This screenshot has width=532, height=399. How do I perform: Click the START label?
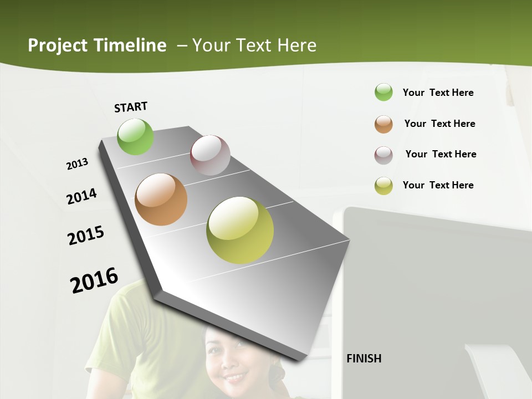coord(131,107)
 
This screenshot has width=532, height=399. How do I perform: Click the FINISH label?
coord(364,359)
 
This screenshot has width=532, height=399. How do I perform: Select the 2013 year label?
coord(77,164)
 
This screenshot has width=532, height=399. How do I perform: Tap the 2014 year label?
coord(81,196)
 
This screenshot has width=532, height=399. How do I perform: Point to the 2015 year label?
coord(86,235)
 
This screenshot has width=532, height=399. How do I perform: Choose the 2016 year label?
coord(94,280)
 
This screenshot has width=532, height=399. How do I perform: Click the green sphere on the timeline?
coord(135,136)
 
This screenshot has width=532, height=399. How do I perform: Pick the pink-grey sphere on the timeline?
coord(210,155)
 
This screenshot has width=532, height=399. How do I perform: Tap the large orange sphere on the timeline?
coord(161,199)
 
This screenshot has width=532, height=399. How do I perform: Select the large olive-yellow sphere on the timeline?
coord(240,230)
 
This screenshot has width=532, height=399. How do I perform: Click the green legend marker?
coord(383,92)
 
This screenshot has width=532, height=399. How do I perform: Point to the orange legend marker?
coord(383,124)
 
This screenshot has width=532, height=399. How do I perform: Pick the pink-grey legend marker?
coord(383,155)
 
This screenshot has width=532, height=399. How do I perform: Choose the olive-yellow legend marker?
coord(383,186)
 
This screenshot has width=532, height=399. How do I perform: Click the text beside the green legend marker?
coord(438,93)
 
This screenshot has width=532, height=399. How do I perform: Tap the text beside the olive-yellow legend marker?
coord(438,185)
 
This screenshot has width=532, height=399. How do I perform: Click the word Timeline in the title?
coord(130,45)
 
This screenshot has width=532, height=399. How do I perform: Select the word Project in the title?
coord(58,45)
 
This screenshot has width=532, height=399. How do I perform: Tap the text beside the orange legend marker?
coord(439,124)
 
